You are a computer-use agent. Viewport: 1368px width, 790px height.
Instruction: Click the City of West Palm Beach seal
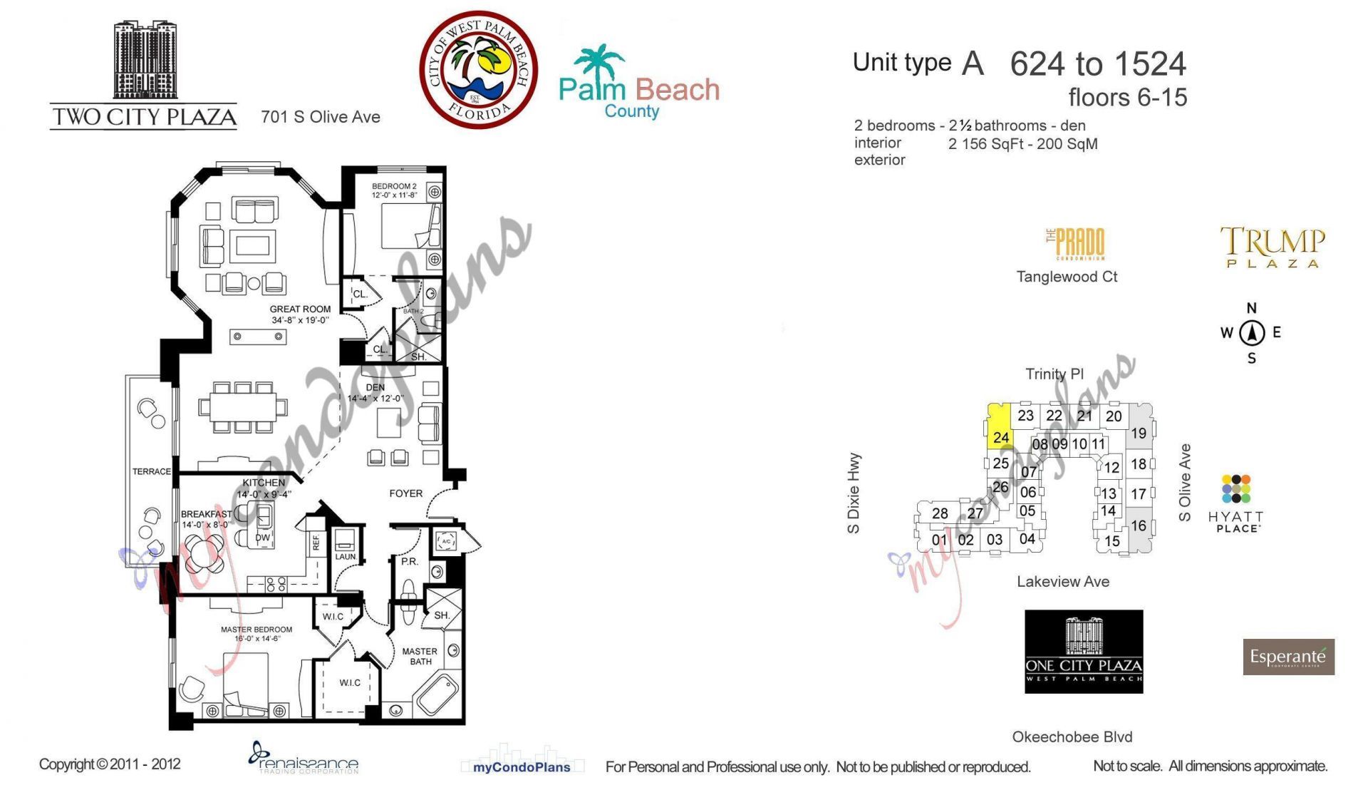coord(478,69)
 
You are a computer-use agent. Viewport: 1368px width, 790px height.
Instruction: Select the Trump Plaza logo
coord(1273,247)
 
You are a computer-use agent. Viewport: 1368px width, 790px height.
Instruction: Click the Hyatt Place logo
coord(1235,503)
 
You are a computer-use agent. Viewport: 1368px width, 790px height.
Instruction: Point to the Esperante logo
coord(1288,657)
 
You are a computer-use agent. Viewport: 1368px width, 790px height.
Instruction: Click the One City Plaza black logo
coord(1084,651)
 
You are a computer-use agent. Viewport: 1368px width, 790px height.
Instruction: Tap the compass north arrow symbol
coord(1252,332)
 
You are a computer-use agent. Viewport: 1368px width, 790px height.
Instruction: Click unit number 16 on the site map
coord(1139,526)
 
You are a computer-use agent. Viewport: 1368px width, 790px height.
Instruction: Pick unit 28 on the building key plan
coord(940,513)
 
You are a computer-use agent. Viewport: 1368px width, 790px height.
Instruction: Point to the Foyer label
coord(405,493)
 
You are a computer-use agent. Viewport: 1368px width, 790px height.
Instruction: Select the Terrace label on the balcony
coord(151,471)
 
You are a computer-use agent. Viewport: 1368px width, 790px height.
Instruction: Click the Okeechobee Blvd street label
coord(1072,737)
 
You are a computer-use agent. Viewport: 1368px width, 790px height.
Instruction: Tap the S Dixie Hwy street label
coord(854,492)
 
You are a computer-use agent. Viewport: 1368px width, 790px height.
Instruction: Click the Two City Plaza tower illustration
coord(145,61)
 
